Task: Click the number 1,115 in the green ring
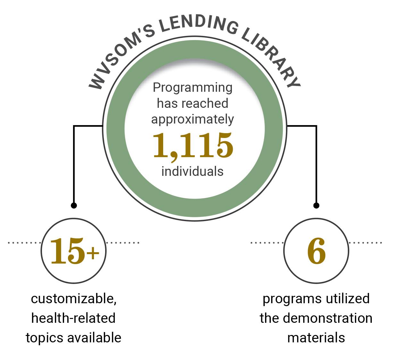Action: [193, 146]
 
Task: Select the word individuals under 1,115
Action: [192, 171]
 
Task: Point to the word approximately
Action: [193, 119]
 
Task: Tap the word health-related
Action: [73, 318]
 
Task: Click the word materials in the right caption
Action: [316, 338]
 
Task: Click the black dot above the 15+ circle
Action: [74, 205]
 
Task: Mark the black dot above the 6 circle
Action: [316, 205]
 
